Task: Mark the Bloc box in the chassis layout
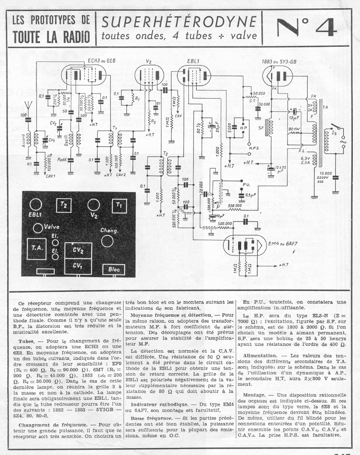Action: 114,269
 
